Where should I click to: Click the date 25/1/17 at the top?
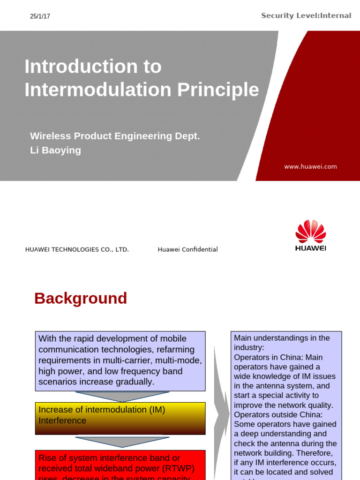click(x=40, y=16)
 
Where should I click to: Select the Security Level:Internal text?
click(x=306, y=16)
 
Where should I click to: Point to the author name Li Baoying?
click(x=55, y=150)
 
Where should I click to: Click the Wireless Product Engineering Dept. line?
click(x=115, y=136)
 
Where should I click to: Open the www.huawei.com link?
click(x=310, y=166)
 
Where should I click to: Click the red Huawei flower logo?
click(x=310, y=232)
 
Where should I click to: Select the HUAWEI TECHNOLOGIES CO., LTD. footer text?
click(x=77, y=249)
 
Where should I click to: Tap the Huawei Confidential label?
click(x=187, y=249)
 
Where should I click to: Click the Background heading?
click(x=81, y=298)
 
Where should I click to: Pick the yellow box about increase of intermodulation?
click(x=120, y=418)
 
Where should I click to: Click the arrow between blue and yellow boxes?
click(x=122, y=397)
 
